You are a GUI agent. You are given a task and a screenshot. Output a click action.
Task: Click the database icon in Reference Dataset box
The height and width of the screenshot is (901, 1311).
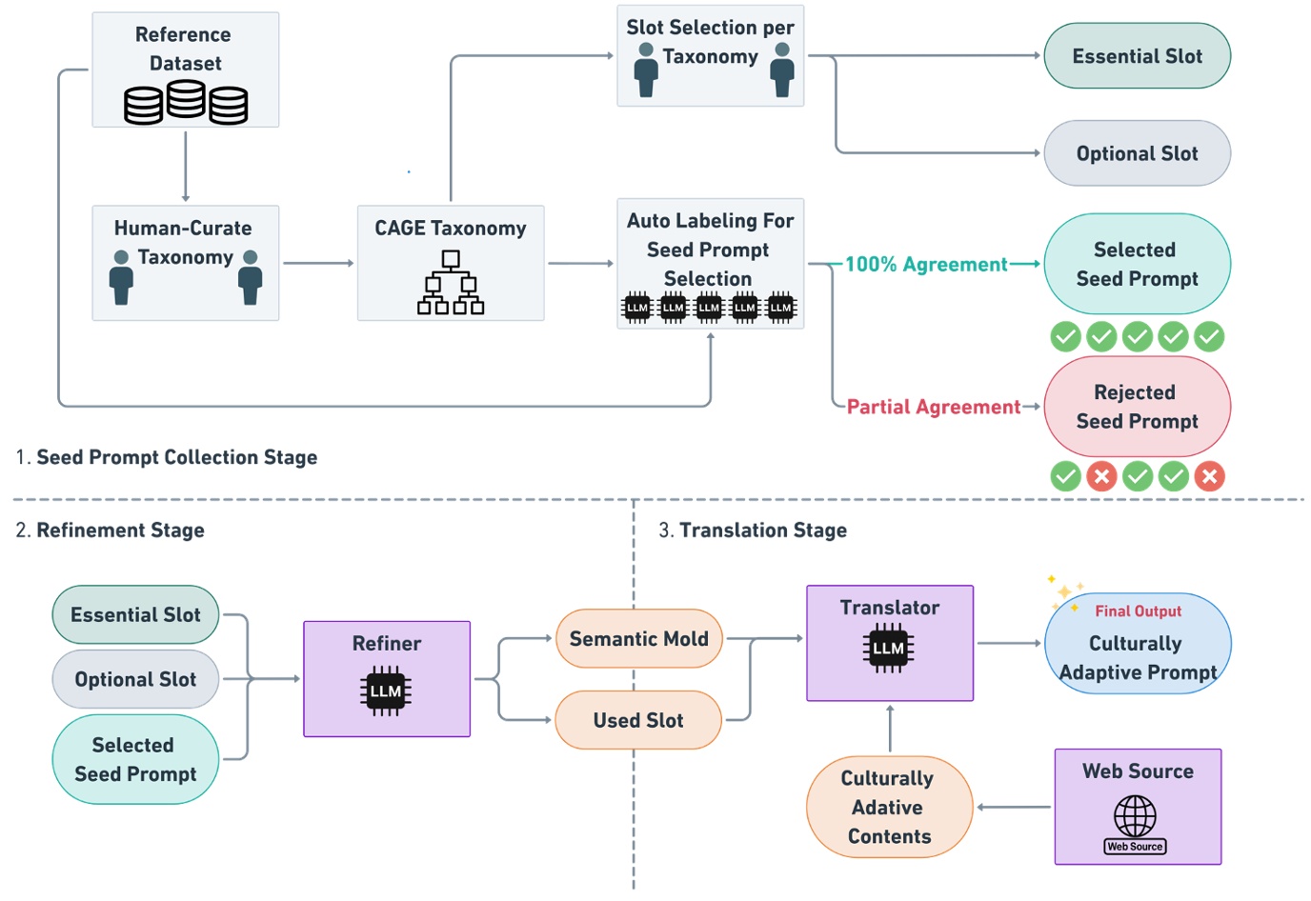point(186,102)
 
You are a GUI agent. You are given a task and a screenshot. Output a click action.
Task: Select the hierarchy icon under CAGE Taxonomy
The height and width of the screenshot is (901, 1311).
point(451,283)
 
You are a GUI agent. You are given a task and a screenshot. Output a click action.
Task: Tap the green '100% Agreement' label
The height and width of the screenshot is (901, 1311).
point(926,265)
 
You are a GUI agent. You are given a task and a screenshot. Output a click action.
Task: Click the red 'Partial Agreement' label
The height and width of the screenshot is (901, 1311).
point(933,408)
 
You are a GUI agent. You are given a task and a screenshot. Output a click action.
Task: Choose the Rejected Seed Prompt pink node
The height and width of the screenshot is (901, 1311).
point(1137,407)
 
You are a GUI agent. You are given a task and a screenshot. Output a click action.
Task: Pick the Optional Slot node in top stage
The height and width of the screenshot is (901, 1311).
point(1137,153)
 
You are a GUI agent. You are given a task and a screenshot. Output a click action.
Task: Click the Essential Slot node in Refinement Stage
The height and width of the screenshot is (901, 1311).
point(135,615)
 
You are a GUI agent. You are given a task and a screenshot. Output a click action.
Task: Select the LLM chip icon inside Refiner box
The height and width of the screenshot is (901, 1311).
point(386,691)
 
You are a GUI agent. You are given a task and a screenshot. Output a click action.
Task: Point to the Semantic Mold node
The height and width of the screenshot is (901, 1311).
point(638,639)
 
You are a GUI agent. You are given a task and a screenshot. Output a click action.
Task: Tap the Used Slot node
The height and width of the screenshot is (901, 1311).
point(637,721)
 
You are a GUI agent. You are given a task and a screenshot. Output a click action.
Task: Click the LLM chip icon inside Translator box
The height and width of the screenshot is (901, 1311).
point(888,649)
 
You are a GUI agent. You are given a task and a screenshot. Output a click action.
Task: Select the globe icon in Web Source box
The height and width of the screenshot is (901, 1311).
point(1135,816)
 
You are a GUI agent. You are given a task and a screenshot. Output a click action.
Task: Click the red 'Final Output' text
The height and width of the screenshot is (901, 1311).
point(1138,611)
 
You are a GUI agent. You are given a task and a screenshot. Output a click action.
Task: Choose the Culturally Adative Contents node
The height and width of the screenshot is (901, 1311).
point(889,807)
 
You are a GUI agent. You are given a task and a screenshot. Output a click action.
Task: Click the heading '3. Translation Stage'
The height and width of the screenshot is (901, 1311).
point(753,531)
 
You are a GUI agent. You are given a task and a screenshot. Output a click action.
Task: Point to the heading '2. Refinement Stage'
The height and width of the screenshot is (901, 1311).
point(111,531)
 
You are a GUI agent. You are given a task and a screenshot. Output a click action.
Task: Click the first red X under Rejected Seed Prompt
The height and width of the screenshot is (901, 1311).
point(1101,476)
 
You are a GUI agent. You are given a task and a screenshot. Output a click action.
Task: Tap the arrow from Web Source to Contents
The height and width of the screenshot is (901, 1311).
point(1014,808)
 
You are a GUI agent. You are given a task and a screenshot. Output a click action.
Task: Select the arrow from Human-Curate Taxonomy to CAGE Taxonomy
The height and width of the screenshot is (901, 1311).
point(318,263)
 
